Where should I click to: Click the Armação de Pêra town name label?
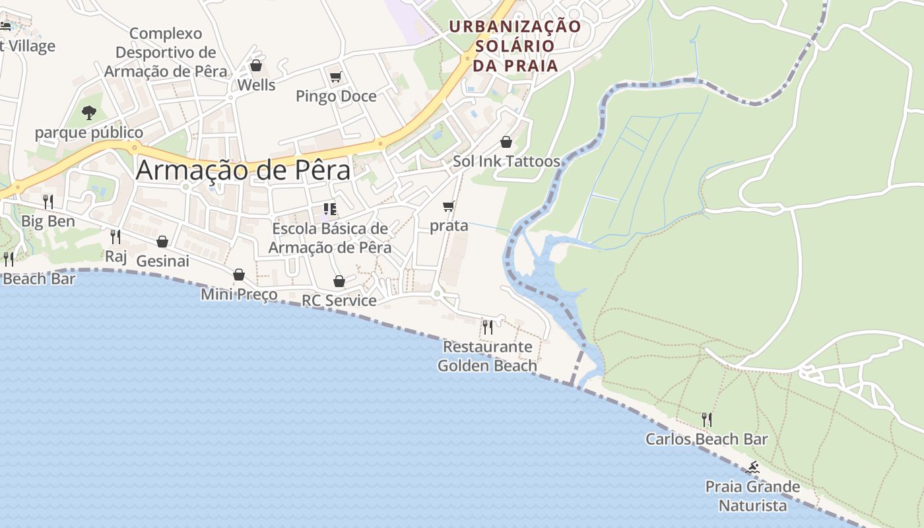pyautogui.click(x=243, y=170)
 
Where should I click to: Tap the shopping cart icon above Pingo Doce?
pyautogui.click(x=335, y=77)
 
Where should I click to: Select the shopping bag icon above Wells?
pyautogui.click(x=256, y=65)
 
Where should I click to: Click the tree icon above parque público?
pyautogui.click(x=89, y=113)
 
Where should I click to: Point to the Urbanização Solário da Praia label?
pyautogui.click(x=515, y=46)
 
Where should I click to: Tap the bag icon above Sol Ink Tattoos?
pyautogui.click(x=506, y=141)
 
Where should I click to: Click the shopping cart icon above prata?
pyautogui.click(x=449, y=207)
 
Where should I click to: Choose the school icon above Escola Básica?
pyautogui.click(x=330, y=210)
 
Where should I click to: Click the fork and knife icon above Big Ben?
pyautogui.click(x=48, y=201)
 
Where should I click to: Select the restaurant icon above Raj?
pyautogui.click(x=115, y=236)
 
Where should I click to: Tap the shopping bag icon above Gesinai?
pyautogui.click(x=162, y=242)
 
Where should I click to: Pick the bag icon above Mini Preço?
pyautogui.click(x=239, y=275)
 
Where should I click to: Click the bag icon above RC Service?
pyautogui.click(x=339, y=281)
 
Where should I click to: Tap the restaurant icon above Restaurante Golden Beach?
pyautogui.click(x=488, y=327)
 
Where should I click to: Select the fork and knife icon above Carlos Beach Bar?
pyautogui.click(x=707, y=420)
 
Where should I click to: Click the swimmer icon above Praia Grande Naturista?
pyautogui.click(x=752, y=469)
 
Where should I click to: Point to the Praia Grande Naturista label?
pyautogui.click(x=752, y=496)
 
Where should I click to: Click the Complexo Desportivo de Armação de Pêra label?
pyautogui.click(x=166, y=52)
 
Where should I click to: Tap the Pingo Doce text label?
pyautogui.click(x=336, y=96)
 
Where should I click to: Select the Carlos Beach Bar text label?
pyautogui.click(x=707, y=439)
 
